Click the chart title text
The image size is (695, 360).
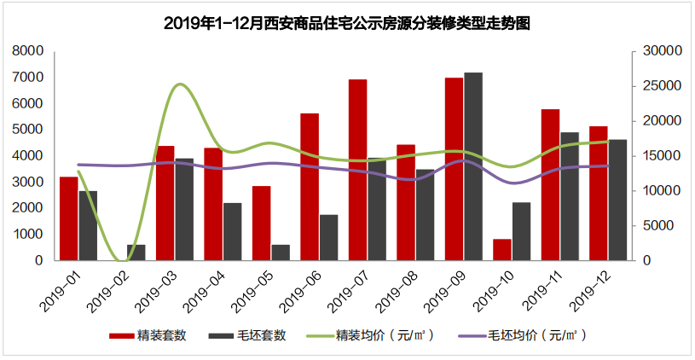347,22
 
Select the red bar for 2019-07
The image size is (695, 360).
357,170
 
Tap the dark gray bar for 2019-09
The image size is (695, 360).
473,166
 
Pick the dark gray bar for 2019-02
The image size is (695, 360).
136,253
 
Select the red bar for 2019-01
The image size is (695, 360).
68,218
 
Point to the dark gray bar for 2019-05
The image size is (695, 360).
281,253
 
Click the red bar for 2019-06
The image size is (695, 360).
310,187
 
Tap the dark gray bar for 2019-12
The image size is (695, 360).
617,200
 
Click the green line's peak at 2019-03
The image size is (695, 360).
180,84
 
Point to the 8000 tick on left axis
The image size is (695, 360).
28,51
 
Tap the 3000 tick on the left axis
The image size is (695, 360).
28,183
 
